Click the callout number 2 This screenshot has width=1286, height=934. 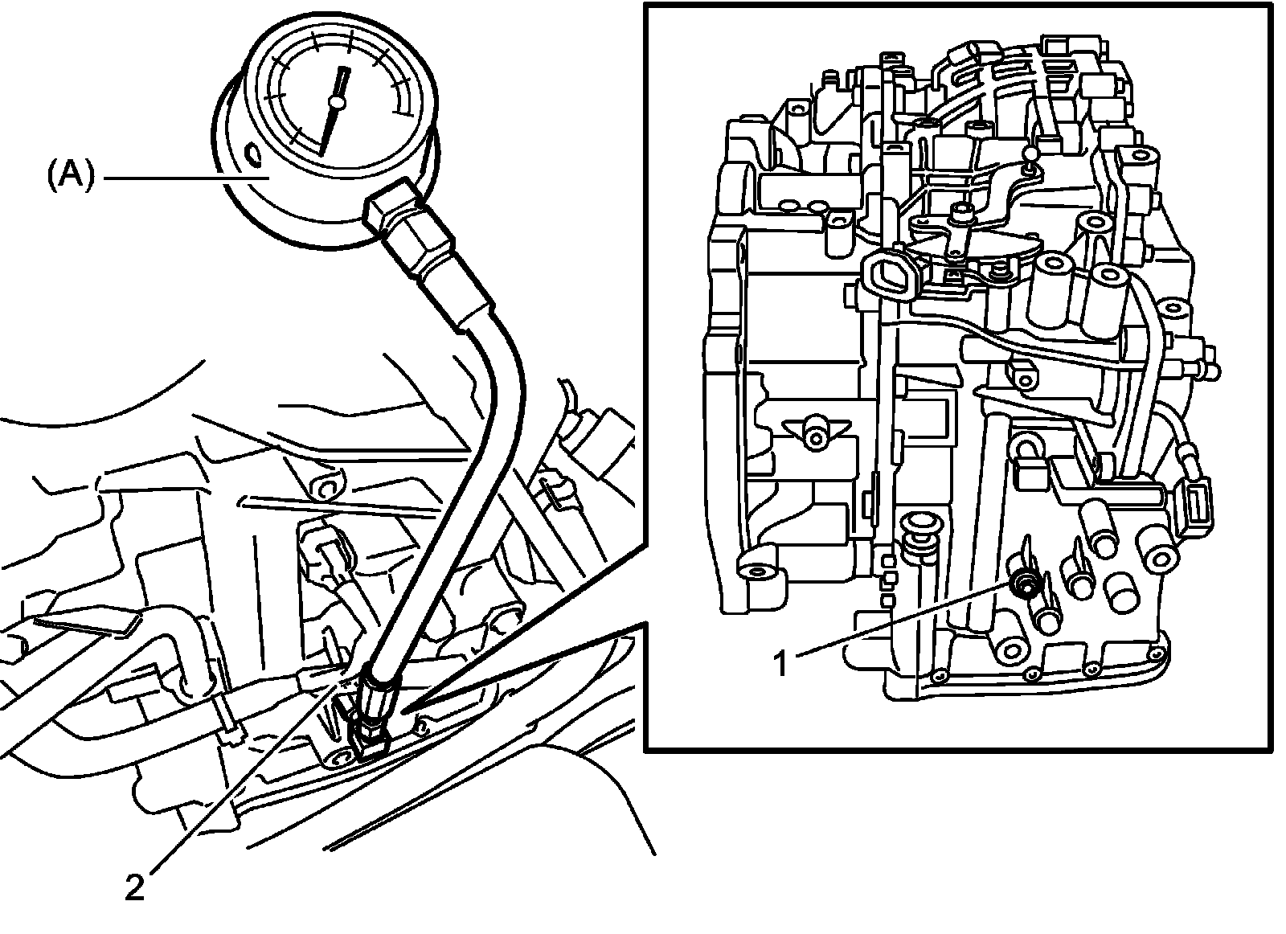[x=134, y=887]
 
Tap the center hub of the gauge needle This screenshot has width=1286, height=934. [x=337, y=102]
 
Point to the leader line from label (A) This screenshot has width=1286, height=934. [x=185, y=176]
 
